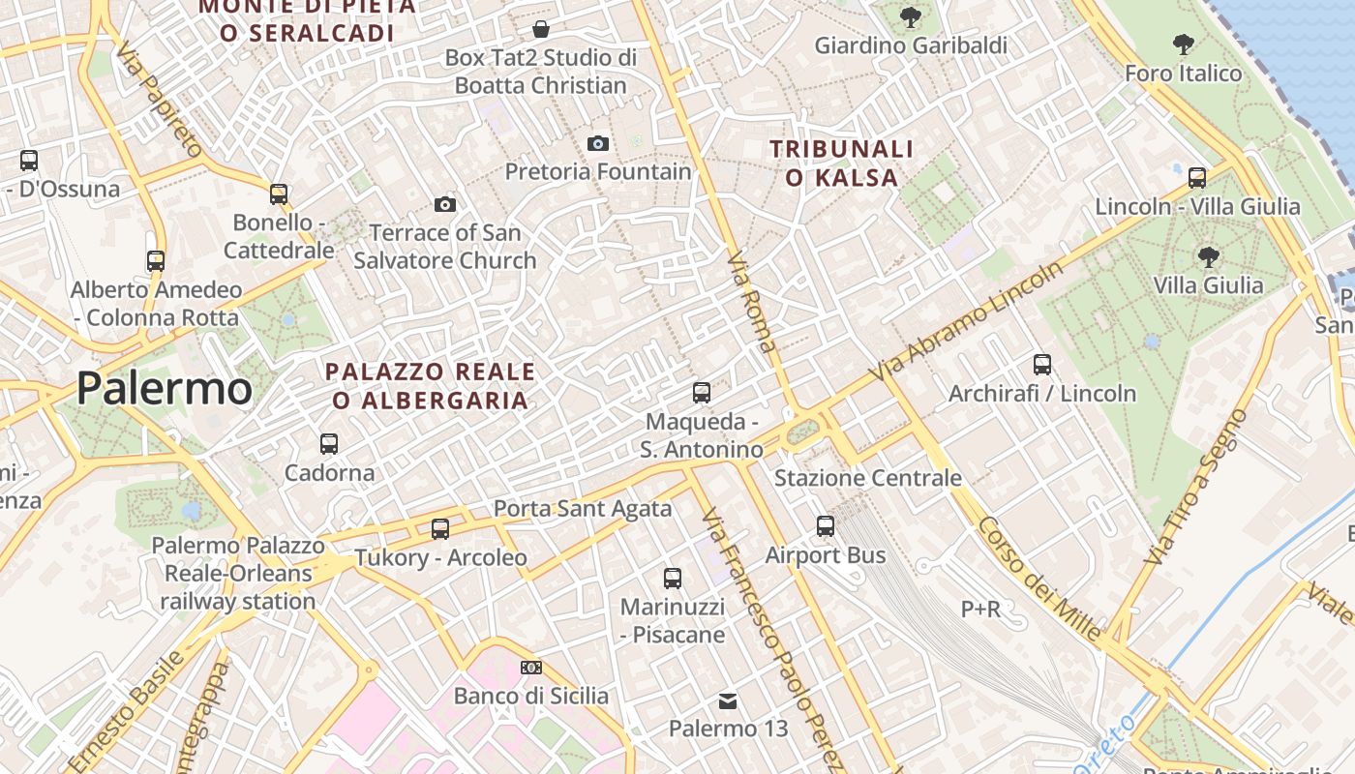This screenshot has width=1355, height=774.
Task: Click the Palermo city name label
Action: point(165,389)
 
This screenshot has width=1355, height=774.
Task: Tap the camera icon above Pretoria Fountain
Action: point(598,144)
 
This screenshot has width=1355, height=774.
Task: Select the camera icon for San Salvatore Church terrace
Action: point(445,204)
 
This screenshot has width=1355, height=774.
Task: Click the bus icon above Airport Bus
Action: point(825,526)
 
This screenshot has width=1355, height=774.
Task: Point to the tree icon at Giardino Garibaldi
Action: point(910,16)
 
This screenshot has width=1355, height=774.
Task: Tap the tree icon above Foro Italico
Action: point(1183,44)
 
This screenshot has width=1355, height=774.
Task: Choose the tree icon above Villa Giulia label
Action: point(1208,256)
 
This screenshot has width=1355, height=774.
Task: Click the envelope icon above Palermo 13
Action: point(728,700)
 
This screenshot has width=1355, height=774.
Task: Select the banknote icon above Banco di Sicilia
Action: point(530,668)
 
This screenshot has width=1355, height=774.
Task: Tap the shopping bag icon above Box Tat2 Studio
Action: point(541,29)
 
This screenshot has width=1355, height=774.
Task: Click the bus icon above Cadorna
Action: point(329,444)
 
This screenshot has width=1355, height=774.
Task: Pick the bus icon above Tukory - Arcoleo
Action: point(440,529)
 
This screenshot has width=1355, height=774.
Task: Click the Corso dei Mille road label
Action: point(1039,579)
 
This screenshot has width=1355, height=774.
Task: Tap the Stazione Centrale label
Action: point(868,478)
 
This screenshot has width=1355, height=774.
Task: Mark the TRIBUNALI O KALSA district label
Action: point(841,163)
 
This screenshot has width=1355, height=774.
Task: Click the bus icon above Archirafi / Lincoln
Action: point(1042,365)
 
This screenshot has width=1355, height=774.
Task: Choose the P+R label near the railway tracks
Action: point(980,610)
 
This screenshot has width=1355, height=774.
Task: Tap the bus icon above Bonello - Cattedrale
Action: point(279,194)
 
